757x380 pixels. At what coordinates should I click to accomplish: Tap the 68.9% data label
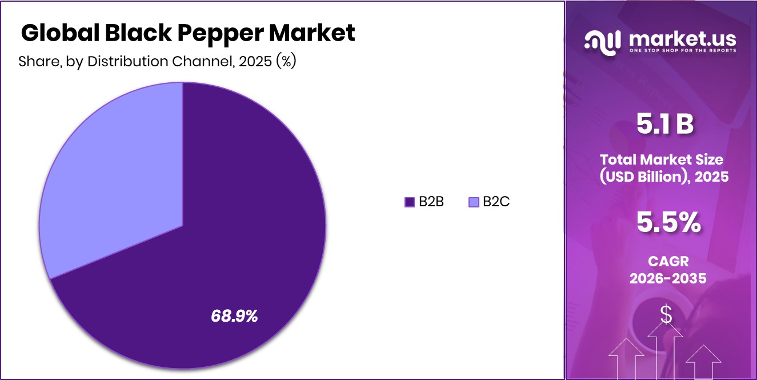[x=234, y=315]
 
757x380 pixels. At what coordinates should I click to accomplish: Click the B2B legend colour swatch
[x=409, y=202]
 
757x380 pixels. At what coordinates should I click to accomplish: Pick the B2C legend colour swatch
[x=473, y=202]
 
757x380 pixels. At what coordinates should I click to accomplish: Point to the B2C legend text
[x=496, y=202]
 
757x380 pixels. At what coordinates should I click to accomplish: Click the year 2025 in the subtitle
[x=255, y=61]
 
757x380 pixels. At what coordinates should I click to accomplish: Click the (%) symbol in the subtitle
[x=285, y=61]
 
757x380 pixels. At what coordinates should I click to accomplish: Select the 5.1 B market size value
[x=665, y=125]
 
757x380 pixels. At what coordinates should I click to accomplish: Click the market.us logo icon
[x=603, y=41]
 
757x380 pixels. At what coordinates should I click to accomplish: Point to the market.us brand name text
[x=683, y=38]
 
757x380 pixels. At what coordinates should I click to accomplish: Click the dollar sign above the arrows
[x=666, y=314]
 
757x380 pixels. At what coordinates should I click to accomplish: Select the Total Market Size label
[x=661, y=159]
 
